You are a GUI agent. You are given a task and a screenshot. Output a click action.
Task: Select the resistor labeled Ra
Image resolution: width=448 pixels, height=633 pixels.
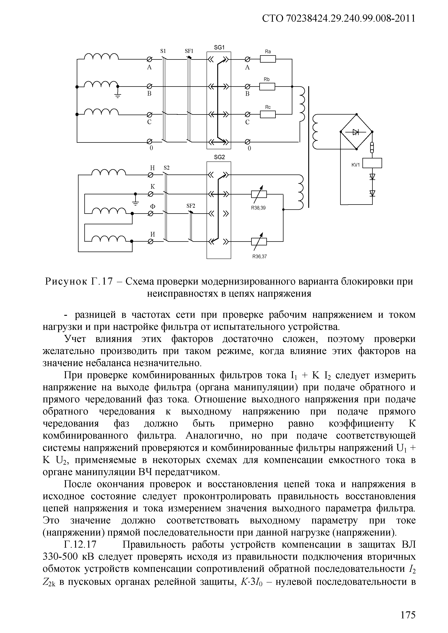tap(268, 59)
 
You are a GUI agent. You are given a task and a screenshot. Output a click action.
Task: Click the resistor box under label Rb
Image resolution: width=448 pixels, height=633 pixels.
tap(267, 87)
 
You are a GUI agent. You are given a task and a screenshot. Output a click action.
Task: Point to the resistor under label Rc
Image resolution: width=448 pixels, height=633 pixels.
tap(268, 114)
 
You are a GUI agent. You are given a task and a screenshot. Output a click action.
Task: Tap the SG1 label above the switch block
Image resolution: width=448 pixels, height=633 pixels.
tap(219, 48)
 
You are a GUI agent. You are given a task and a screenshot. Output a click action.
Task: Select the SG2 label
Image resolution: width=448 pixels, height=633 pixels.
tap(219, 157)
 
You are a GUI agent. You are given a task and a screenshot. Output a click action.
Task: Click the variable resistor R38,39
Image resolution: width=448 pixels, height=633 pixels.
tap(259, 194)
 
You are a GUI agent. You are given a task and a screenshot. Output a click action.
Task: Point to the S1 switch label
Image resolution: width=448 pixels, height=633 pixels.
tap(163, 51)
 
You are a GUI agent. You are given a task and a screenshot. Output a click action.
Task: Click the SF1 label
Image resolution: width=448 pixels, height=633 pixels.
tap(189, 51)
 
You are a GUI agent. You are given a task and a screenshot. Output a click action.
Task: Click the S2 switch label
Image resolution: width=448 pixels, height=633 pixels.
tap(166, 168)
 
